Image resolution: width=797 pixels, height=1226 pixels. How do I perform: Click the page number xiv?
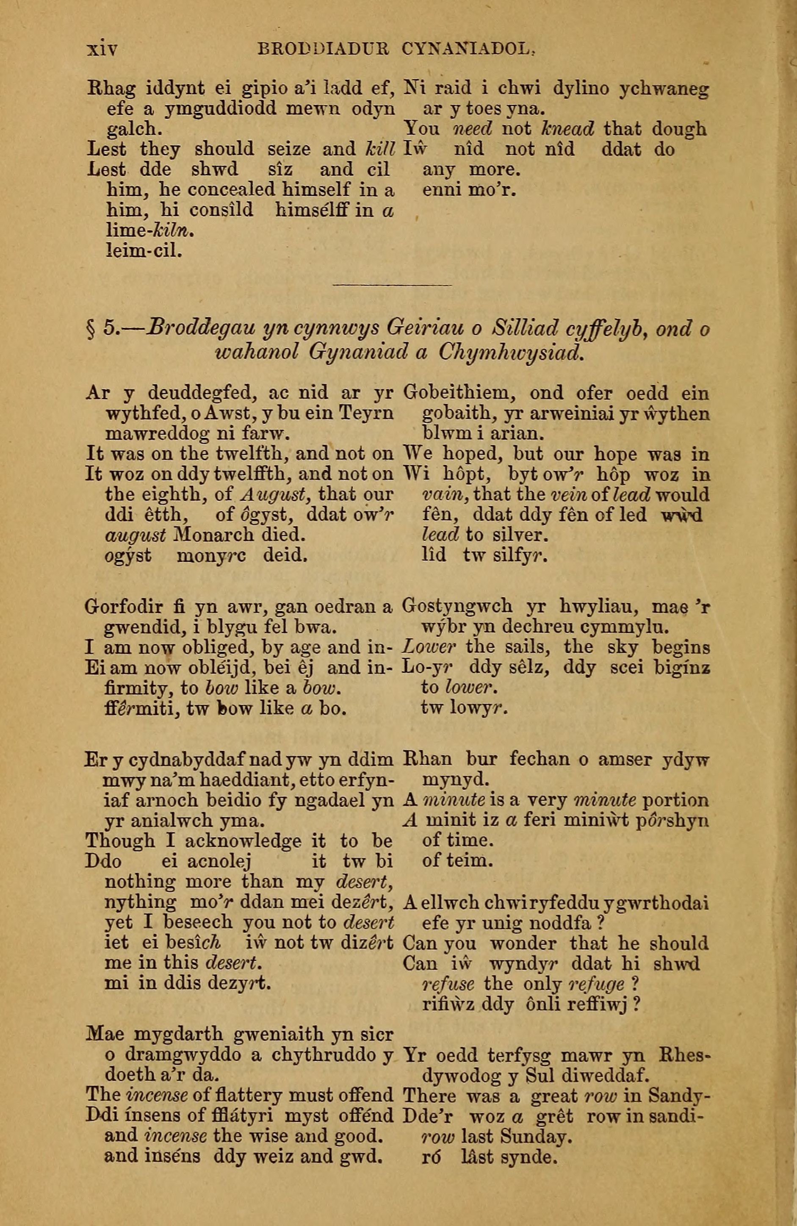pyautogui.click(x=103, y=50)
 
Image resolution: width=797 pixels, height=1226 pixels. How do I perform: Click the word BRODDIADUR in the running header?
pyautogui.click(x=323, y=50)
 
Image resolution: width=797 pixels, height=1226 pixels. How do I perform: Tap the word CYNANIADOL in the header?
pyautogui.click(x=467, y=50)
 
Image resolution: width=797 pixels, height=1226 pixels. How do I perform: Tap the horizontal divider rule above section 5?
pyautogui.click(x=393, y=284)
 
